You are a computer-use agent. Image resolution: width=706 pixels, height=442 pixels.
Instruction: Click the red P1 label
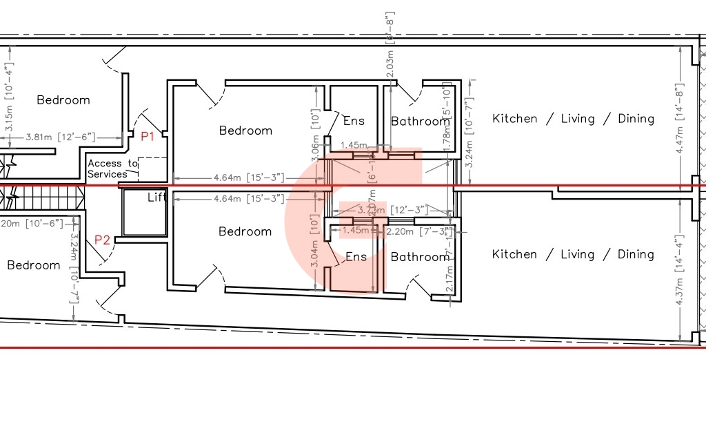click(x=148, y=137)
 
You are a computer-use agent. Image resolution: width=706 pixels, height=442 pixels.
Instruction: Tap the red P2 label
click(x=102, y=240)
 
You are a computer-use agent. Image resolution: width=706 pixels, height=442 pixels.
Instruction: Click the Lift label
click(x=157, y=198)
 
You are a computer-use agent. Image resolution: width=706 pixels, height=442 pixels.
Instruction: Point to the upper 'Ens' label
click(x=354, y=121)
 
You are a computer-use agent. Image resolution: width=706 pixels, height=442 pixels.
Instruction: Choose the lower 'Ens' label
click(x=356, y=257)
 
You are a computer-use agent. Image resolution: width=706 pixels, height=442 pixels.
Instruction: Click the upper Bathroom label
click(x=419, y=122)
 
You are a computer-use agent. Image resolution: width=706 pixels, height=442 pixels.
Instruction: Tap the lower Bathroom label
click(x=419, y=257)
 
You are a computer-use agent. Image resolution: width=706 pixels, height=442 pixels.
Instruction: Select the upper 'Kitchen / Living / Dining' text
click(x=573, y=119)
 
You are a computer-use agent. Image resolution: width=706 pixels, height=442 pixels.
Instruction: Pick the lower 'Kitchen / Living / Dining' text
click(x=573, y=254)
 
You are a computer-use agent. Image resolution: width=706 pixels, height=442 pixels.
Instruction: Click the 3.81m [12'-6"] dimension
click(x=60, y=137)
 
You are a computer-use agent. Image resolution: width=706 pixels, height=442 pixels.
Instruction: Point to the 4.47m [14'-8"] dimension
click(x=681, y=126)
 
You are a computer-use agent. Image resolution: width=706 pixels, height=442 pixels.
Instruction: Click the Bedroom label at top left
click(x=63, y=100)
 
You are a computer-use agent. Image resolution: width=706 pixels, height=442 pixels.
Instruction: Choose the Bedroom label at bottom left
click(x=33, y=265)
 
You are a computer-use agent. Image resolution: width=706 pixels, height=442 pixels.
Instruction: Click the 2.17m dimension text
click(x=450, y=281)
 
